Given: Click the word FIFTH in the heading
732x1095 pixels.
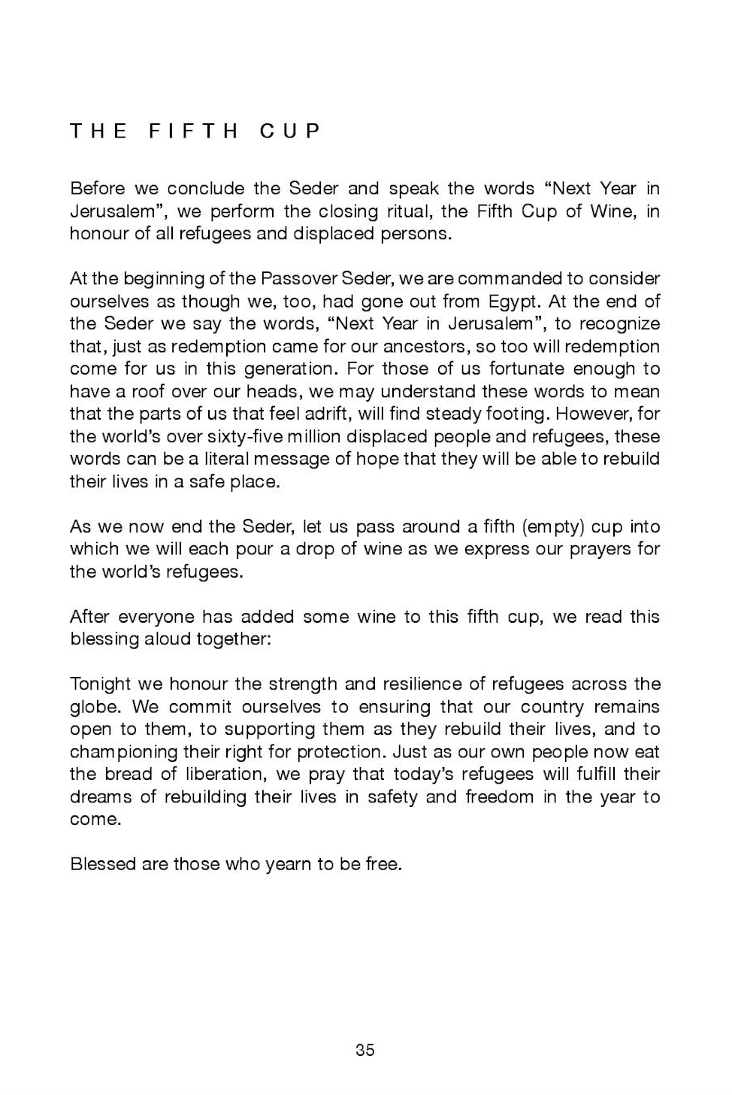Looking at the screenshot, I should tap(194, 132).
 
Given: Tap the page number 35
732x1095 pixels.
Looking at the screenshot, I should tap(365, 1050).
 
